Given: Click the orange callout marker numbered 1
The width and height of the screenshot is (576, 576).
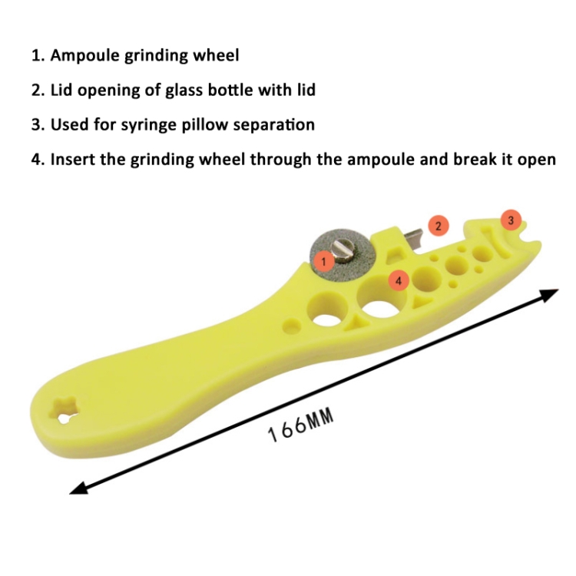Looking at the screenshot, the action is tap(323, 262).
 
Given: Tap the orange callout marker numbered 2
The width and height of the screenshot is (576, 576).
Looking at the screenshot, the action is tap(439, 226).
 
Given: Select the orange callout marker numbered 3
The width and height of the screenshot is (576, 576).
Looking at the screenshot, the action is tap(511, 220).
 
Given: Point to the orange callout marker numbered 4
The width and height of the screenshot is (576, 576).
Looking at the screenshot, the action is tap(399, 281).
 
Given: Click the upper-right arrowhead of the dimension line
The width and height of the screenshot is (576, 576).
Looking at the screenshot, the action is tap(549, 294).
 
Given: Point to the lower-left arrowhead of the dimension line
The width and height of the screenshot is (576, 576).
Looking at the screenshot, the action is tap(79, 488).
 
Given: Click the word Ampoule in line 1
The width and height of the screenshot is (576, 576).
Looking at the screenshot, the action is tap(84, 55).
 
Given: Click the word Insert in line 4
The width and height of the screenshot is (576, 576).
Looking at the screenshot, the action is tap(73, 160).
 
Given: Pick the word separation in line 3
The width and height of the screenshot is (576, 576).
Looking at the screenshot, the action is tap(274, 125).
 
